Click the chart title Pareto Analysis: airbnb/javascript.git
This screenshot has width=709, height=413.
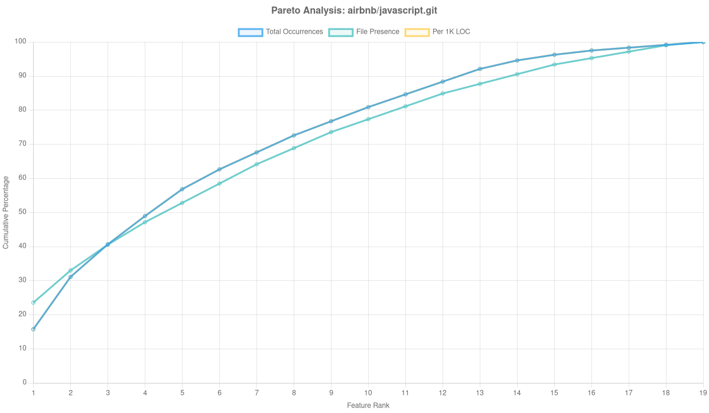pos(354,11)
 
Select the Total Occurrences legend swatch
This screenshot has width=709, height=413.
pos(250,32)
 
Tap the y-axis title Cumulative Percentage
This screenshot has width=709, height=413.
pos(6,212)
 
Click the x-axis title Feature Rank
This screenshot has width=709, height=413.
pos(368,405)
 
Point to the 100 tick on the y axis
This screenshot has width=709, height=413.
pos(21,41)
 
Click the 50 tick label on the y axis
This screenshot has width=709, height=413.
pos(23,212)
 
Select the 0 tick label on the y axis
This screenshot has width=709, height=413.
pos(25,382)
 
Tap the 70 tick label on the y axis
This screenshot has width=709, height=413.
pos(23,143)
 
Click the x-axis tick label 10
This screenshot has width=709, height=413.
pos(368,392)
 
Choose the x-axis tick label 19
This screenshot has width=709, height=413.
pos(703,392)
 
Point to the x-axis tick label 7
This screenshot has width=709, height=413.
pos(256,392)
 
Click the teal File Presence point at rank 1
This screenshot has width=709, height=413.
pos(33,303)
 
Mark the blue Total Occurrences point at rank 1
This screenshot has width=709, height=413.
pos(33,329)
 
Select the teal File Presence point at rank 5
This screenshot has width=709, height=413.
pos(182,202)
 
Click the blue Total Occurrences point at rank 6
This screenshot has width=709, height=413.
pos(219,169)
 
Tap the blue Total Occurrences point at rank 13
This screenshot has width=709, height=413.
pos(480,69)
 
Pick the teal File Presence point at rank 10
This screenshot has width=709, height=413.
pos(368,119)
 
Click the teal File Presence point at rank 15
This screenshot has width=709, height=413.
pos(554,64)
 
